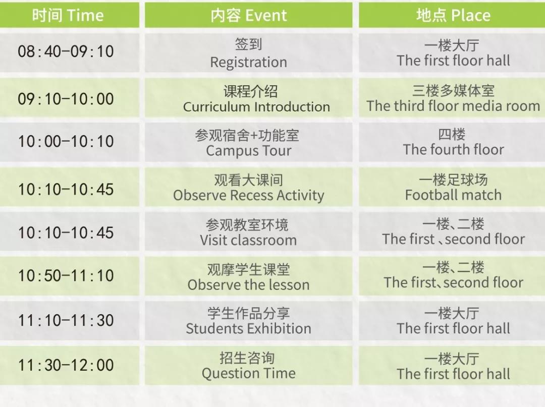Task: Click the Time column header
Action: (69, 15)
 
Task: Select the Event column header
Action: (248, 15)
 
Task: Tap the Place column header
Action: (452, 15)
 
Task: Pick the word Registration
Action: (248, 62)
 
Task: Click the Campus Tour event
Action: (248, 142)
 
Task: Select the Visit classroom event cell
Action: (248, 231)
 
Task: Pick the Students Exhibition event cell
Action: (248, 321)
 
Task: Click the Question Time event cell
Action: (248, 365)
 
